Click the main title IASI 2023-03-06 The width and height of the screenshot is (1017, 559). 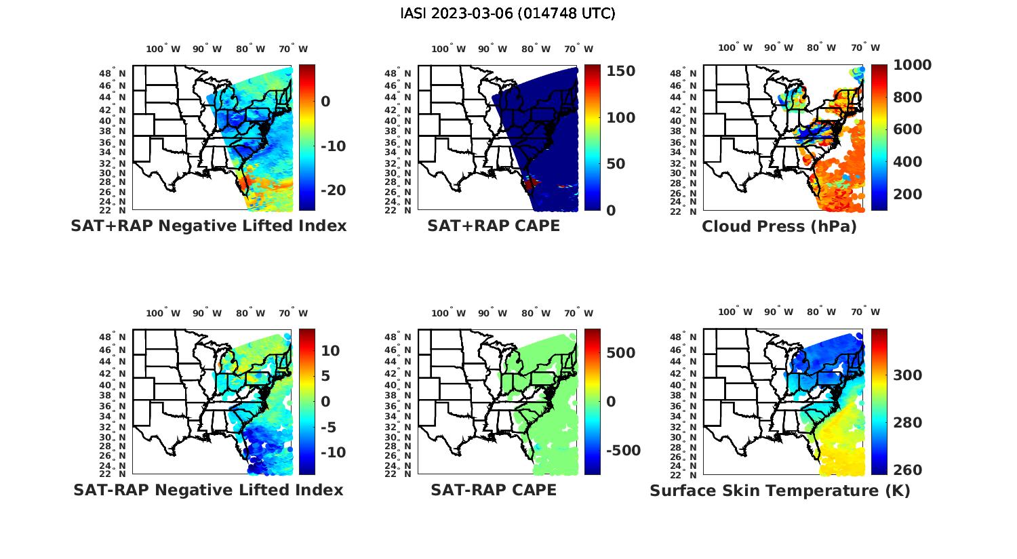(x=508, y=14)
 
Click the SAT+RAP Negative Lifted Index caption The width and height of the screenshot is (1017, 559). (x=209, y=226)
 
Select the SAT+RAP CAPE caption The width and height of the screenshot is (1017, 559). (x=494, y=226)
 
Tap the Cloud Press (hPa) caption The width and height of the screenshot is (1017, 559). (x=779, y=226)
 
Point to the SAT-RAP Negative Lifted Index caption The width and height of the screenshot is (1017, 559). (x=208, y=490)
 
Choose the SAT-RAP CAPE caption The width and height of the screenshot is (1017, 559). (x=494, y=490)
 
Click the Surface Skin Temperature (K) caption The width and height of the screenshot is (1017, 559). (x=780, y=491)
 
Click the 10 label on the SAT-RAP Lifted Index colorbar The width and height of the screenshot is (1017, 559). (x=330, y=350)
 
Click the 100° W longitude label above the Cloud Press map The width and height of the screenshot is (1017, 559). (x=735, y=48)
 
